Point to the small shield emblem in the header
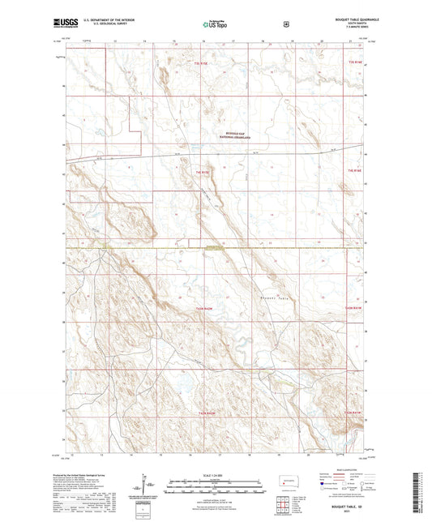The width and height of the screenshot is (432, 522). (287, 24)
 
